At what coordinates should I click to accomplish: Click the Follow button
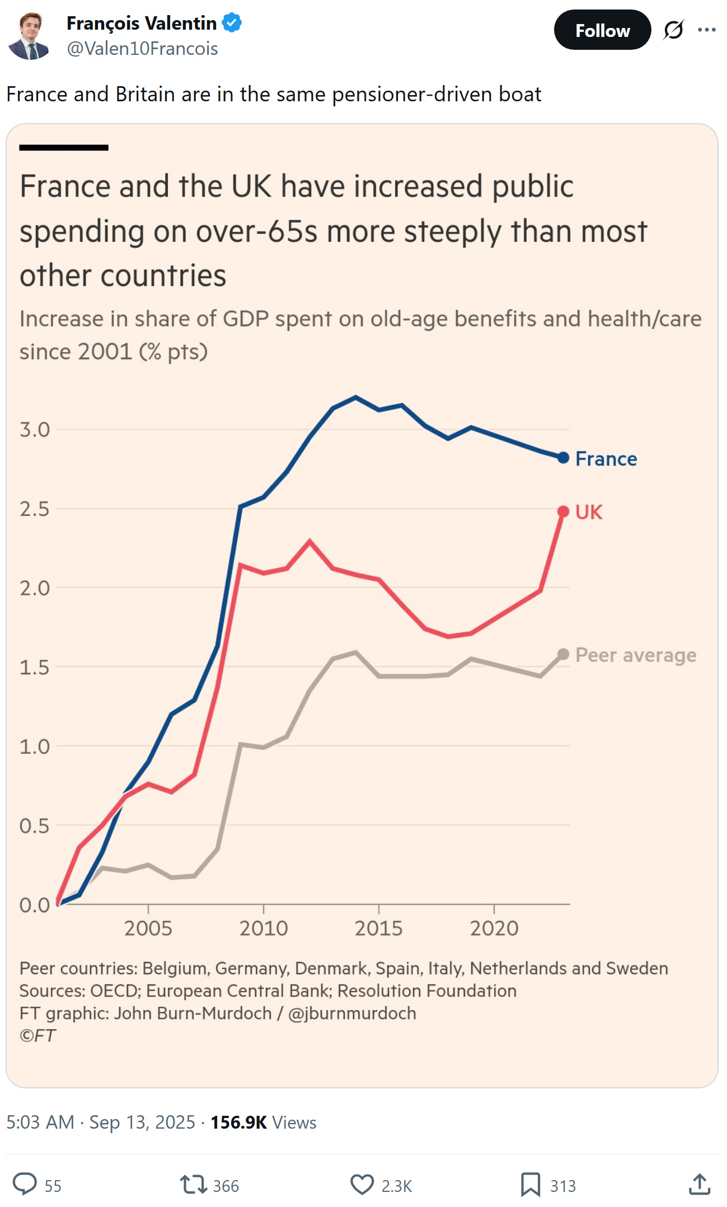(602, 30)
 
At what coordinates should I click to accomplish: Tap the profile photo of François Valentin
(29, 36)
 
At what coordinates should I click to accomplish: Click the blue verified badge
(232, 23)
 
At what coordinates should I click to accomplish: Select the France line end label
(606, 459)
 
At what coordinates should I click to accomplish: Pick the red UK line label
(589, 512)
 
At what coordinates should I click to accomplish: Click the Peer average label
(636, 655)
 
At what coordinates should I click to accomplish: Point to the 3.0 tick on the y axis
(35, 430)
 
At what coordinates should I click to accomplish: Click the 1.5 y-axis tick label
(35, 667)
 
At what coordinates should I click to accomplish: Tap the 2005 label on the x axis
(148, 928)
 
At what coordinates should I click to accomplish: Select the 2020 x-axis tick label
(494, 928)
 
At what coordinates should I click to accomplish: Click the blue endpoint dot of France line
(564, 458)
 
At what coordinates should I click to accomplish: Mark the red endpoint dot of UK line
(564, 511)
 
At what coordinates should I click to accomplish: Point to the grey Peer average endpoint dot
(564, 654)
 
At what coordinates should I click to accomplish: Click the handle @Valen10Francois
(142, 49)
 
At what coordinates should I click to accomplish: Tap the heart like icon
(362, 1185)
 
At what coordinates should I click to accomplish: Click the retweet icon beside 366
(193, 1185)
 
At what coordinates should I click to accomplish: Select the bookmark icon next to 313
(530, 1185)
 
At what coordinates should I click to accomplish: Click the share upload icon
(700, 1185)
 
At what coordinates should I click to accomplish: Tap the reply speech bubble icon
(25, 1184)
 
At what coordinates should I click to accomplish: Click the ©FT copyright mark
(37, 1036)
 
